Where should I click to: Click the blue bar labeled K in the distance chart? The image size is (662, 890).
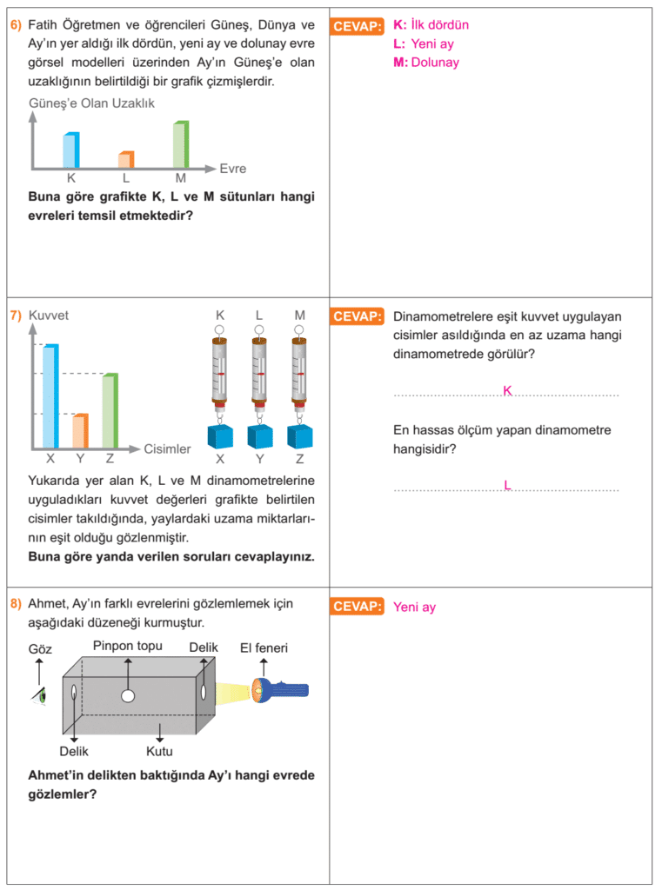tap(71, 149)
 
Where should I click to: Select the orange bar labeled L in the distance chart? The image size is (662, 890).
tap(126, 160)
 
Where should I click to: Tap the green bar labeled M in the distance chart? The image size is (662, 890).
tap(181, 144)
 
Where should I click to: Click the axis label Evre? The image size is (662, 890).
tap(233, 169)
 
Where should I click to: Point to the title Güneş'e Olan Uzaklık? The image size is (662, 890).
tap(91, 103)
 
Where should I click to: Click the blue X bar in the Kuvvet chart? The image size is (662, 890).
tap(50, 396)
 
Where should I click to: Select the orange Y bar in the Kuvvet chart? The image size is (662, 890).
tap(80, 431)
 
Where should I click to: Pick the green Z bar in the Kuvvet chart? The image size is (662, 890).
tap(110, 410)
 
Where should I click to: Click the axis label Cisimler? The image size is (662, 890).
tap(167, 449)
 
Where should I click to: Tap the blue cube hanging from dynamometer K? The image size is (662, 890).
tap(220, 436)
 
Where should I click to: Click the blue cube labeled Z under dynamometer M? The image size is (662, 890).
tap(300, 436)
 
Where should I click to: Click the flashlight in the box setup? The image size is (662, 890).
tap(279, 691)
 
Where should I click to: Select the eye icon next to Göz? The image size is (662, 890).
tap(39, 696)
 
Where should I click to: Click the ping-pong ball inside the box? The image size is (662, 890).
tap(128, 696)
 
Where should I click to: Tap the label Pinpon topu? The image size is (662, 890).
tap(128, 646)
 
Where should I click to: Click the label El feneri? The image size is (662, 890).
tap(264, 648)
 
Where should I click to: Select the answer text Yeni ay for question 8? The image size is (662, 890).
tap(414, 607)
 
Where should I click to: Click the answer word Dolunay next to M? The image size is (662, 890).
tap(435, 63)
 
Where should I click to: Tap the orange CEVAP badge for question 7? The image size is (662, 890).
tap(357, 316)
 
